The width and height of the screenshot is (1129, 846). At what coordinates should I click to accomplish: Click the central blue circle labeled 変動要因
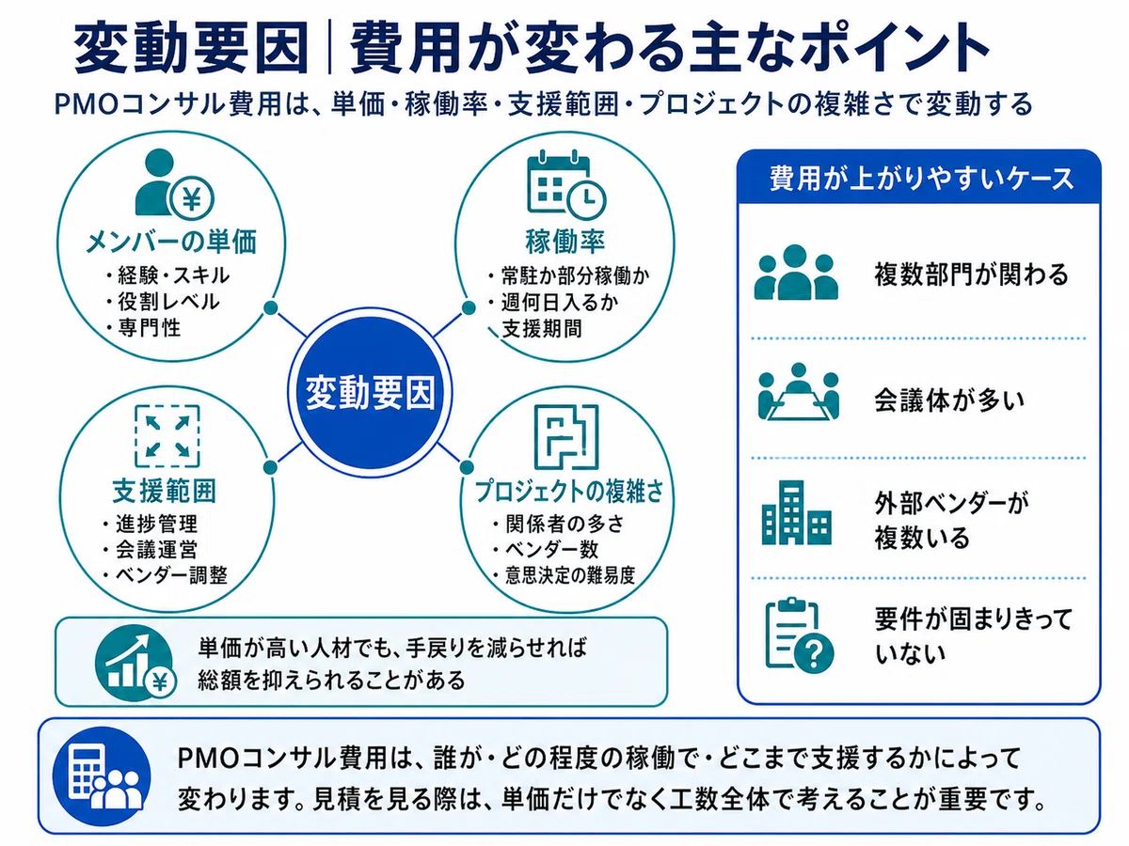tap(370, 393)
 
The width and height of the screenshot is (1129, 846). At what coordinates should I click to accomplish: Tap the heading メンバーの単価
tap(171, 242)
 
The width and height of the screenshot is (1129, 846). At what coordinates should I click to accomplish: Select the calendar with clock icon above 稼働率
tap(566, 185)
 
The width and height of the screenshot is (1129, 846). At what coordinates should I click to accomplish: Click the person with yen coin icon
tap(174, 183)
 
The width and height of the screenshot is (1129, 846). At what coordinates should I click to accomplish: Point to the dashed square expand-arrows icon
tap(167, 436)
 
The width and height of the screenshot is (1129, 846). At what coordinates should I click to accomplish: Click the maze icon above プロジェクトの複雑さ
tap(566, 436)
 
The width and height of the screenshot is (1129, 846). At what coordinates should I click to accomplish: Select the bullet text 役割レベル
tap(164, 302)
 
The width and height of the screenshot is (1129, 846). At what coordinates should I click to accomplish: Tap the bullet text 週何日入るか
tap(554, 303)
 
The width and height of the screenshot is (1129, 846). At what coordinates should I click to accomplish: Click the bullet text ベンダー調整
tap(165, 575)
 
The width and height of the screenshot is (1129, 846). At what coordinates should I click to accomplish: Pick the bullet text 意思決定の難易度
tap(564, 575)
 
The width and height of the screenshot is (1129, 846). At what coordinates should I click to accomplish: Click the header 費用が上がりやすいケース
tap(922, 179)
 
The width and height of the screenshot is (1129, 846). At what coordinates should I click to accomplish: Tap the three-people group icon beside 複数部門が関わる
tap(796, 273)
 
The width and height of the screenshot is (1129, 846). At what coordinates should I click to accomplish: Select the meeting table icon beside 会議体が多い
tap(798, 392)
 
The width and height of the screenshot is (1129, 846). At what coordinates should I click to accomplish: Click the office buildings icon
tap(796, 512)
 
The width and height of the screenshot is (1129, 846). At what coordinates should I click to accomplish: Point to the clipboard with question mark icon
tap(799, 636)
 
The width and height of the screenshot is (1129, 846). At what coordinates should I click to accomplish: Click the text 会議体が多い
tap(949, 400)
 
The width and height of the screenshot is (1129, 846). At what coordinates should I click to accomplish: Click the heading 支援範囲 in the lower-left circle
tap(165, 492)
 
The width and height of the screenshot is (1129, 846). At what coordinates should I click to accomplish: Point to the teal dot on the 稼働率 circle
tap(468, 308)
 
